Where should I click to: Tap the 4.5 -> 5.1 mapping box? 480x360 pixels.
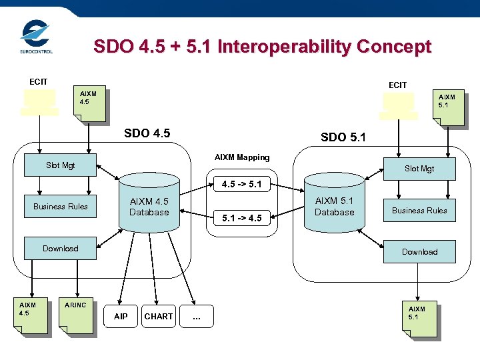click(241, 183)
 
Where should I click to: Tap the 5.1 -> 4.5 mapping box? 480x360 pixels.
click(241, 217)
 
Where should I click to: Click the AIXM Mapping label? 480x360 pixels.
click(242, 157)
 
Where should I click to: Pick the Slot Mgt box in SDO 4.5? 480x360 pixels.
click(60, 165)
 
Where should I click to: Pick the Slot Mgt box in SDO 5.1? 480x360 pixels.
click(419, 169)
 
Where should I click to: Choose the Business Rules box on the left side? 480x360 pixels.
click(60, 206)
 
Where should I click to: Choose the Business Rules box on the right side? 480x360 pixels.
click(419, 210)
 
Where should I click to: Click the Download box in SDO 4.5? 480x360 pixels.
click(60, 249)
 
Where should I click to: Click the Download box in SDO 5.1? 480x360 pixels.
click(419, 251)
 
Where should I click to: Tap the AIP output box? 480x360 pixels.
click(121, 316)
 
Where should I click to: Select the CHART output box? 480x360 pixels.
click(159, 316)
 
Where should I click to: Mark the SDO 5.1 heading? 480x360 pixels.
click(343, 137)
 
